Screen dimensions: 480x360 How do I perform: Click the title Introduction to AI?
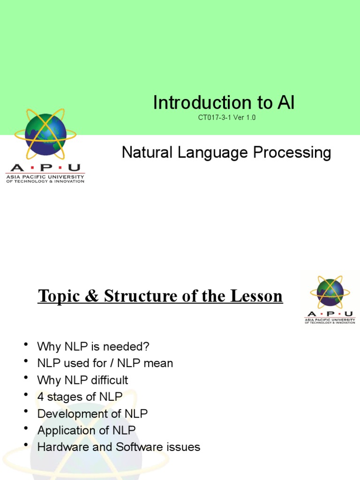224,103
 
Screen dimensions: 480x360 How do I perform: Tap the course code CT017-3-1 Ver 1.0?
226,118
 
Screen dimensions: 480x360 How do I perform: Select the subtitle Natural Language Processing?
226,153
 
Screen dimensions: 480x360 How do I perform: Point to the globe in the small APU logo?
330,292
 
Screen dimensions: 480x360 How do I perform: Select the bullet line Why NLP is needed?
93,347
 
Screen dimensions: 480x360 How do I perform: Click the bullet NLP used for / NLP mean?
105,363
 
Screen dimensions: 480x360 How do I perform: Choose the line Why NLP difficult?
82,380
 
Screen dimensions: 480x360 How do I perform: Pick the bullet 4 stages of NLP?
80,397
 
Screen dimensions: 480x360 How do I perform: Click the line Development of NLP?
92,414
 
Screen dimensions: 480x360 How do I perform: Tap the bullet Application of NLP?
86,430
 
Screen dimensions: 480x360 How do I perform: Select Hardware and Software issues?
119,447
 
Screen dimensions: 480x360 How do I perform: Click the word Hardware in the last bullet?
58,447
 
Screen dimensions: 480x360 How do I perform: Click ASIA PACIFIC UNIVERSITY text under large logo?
45,177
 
